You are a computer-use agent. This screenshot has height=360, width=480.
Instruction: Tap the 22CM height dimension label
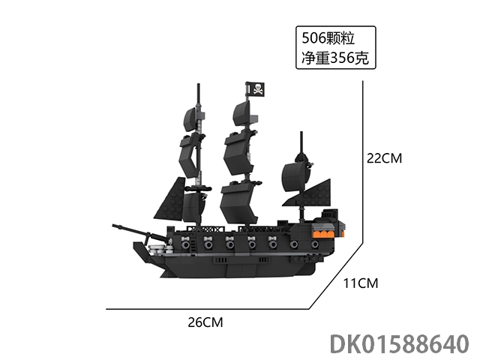[384, 158]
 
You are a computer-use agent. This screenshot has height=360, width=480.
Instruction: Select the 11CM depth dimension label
[361, 283]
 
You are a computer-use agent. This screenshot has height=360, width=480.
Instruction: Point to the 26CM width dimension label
[205, 322]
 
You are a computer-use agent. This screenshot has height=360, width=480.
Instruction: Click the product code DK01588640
[400, 344]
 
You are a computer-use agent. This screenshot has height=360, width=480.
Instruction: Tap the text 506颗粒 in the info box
[328, 38]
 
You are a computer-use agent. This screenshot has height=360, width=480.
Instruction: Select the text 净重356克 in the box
[335, 58]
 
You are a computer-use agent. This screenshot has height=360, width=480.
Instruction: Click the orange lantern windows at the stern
[327, 233]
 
